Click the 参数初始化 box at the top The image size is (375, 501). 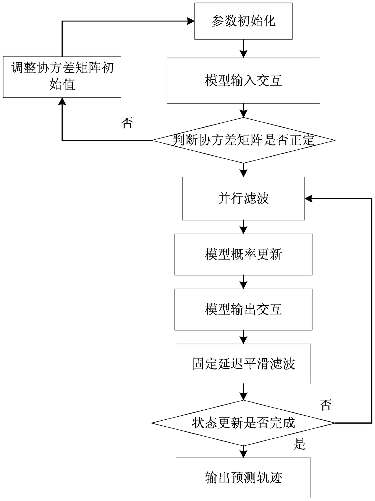point(243,21)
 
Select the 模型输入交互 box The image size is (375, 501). point(243,81)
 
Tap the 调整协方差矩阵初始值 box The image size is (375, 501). point(62,76)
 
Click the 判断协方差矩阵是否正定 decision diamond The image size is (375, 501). point(243,140)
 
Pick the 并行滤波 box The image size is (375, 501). point(243,199)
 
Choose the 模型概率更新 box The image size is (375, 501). point(243,254)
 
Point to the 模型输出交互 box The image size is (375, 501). point(243,309)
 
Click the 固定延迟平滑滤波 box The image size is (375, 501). point(243,364)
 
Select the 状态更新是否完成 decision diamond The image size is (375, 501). point(243,423)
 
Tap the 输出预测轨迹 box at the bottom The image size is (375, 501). point(243,478)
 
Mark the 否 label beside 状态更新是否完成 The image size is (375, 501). point(326,405)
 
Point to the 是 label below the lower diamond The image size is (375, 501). point(299,444)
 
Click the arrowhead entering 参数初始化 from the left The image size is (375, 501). point(191,21)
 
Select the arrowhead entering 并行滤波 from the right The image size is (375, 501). point(308,199)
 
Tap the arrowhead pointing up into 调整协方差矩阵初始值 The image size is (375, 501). point(62,102)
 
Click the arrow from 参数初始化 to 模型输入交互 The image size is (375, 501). point(243,48)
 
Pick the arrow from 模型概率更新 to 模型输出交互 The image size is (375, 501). point(243,282)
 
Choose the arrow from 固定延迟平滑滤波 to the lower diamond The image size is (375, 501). point(243,392)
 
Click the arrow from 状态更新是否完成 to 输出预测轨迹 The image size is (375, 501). point(243,451)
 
